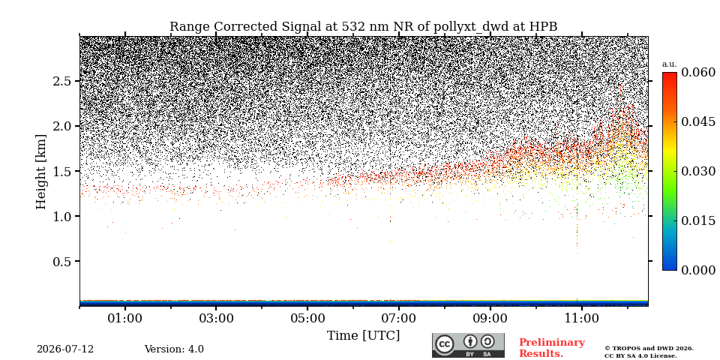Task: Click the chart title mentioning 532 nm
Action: [363, 27]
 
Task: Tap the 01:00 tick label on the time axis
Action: [125, 319]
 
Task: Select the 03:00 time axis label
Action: [216, 319]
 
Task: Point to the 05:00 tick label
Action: [307, 319]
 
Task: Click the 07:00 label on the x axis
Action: [398, 319]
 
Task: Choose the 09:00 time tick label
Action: [490, 319]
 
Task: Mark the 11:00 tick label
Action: [581, 319]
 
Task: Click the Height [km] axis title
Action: [41, 172]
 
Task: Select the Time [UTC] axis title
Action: [363, 336]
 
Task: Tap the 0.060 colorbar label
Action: [698, 73]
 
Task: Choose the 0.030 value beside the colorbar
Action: [698, 171]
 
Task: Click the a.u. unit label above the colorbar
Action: [670, 64]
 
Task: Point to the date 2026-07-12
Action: [65, 349]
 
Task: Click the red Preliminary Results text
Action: [551, 348]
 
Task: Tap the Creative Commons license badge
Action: [468, 345]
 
